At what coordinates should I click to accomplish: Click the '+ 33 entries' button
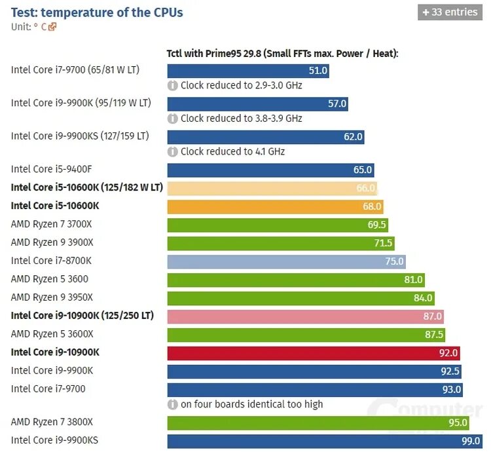click(450, 12)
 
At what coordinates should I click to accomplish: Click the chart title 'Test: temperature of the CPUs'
click(97, 12)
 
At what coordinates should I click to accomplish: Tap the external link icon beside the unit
click(52, 27)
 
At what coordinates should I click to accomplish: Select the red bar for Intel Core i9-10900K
click(314, 353)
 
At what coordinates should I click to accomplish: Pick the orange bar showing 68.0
click(275, 206)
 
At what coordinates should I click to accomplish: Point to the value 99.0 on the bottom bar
click(471, 441)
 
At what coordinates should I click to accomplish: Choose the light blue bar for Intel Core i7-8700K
click(286, 261)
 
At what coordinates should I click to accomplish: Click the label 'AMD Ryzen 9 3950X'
click(52, 297)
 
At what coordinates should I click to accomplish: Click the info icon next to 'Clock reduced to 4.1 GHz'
click(173, 151)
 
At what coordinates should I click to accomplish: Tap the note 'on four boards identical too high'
click(251, 404)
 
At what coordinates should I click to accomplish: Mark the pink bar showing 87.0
click(305, 316)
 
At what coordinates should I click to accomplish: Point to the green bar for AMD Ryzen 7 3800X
click(318, 423)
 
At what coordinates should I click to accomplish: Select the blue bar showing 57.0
click(257, 104)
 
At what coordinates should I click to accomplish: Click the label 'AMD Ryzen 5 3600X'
click(52, 334)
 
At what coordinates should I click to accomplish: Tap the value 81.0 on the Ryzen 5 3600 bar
click(414, 280)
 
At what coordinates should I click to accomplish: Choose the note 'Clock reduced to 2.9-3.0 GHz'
click(241, 85)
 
